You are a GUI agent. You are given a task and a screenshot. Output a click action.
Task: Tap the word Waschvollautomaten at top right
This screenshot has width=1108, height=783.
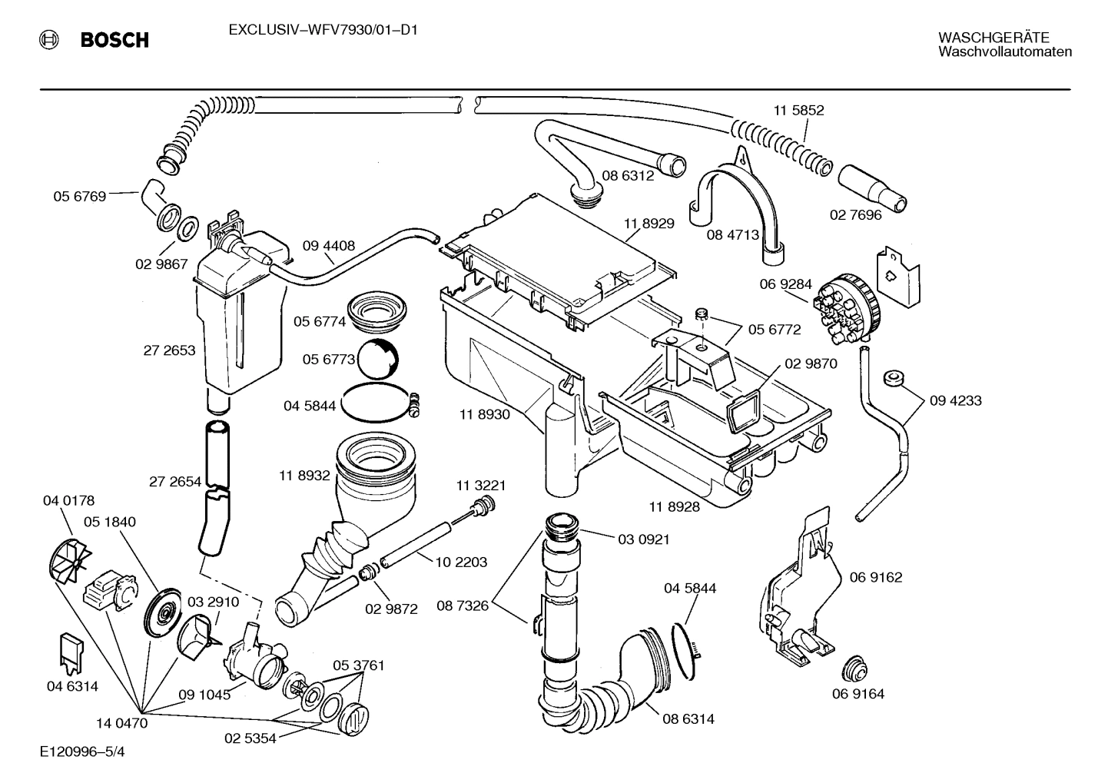pos(1004,51)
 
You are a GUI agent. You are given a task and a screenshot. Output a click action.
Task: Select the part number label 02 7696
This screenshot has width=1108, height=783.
pos(855,215)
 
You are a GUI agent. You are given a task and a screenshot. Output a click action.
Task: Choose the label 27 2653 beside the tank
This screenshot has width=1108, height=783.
pos(169,350)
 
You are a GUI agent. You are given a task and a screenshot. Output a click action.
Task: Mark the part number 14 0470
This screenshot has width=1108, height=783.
pos(121,722)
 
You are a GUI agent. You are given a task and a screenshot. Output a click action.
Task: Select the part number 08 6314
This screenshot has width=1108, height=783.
pos(688,719)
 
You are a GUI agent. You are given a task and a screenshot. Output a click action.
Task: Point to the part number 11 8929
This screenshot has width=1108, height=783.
pos(649,224)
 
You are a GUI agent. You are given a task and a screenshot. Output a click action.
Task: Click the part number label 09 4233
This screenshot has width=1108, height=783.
pos(955,400)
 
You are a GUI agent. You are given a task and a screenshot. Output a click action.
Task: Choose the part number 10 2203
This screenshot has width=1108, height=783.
pos(461,562)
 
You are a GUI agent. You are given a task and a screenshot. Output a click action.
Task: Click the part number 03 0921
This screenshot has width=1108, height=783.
pos(644,539)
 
